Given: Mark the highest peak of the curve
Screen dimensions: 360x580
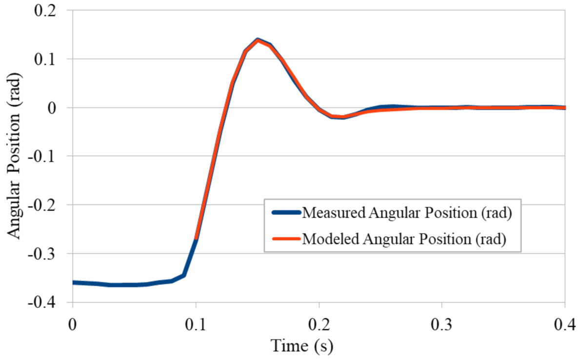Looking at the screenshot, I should (258, 40).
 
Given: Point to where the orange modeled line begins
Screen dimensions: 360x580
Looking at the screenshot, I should (196, 239).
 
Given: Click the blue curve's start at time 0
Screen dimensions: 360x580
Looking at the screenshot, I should (73, 282).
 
